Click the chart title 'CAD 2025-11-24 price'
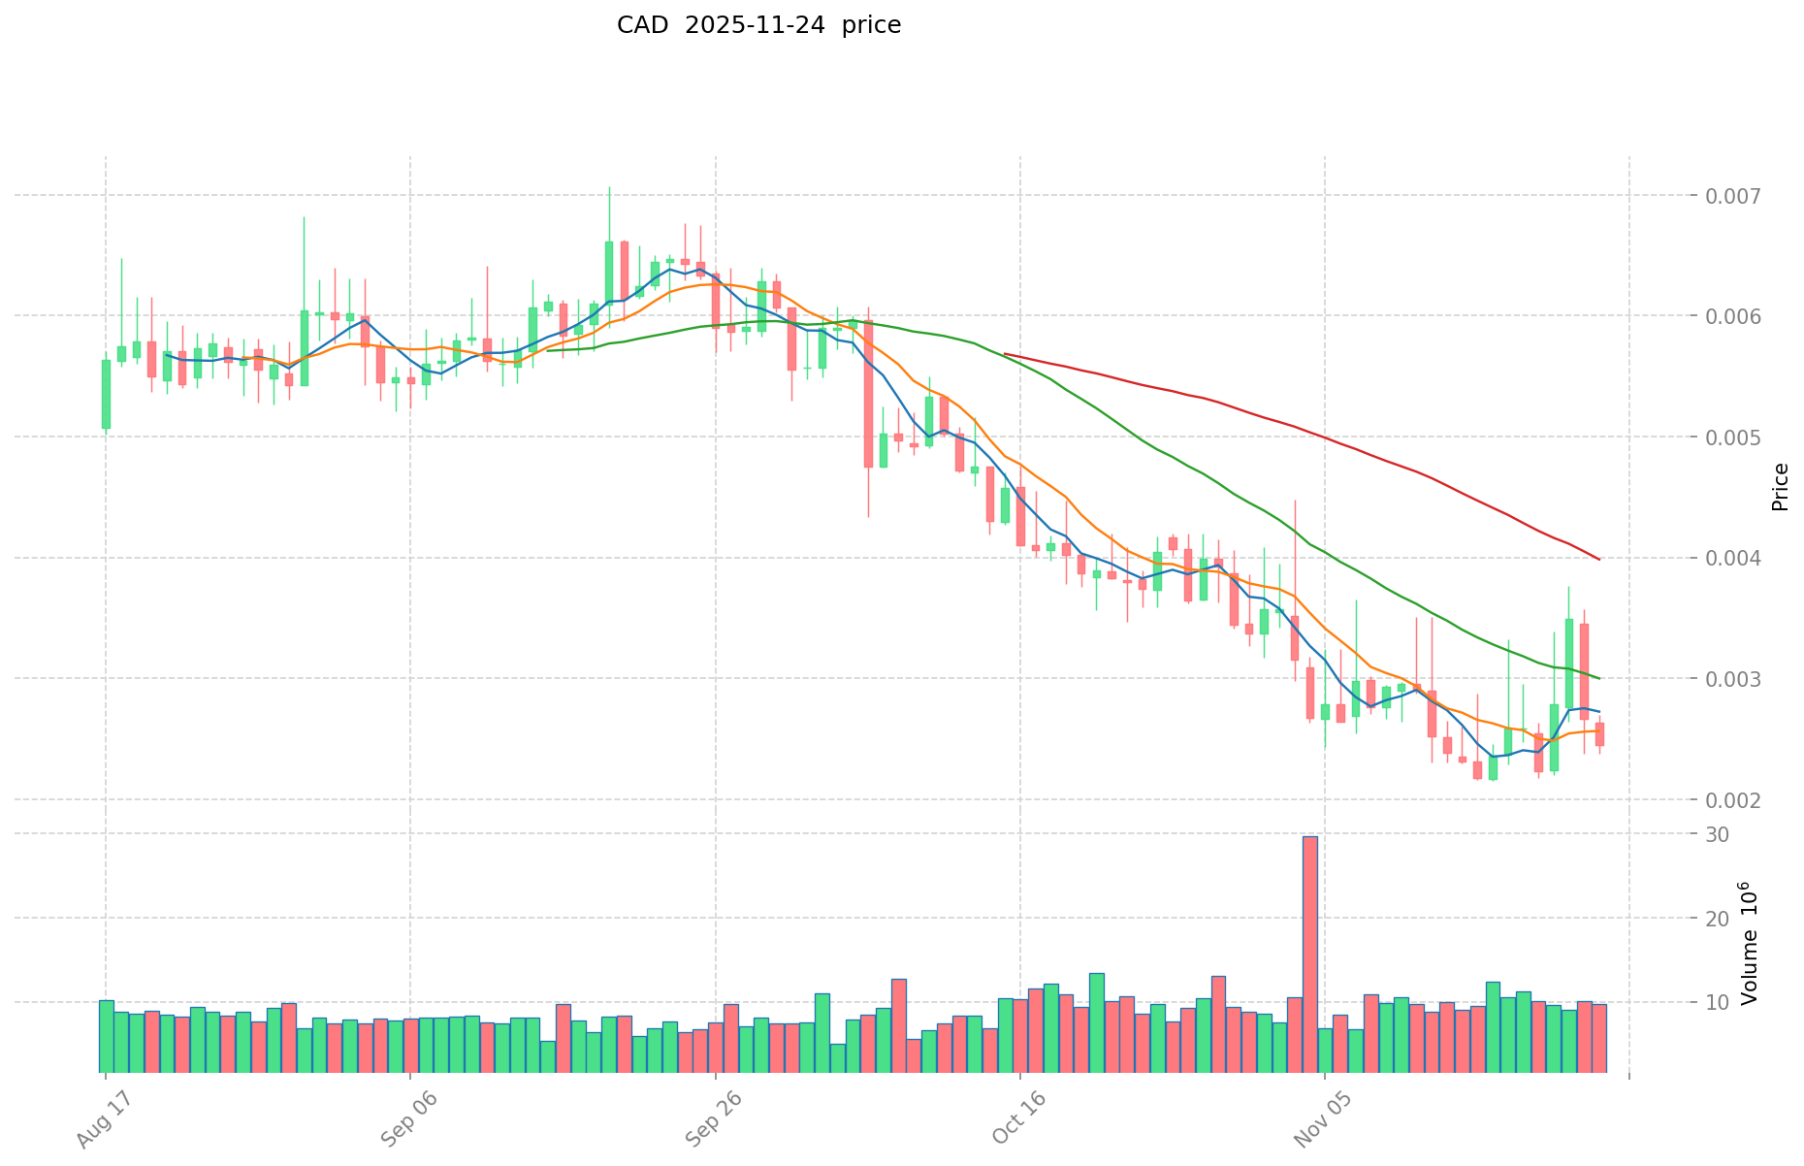tap(758, 25)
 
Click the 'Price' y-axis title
tap(1780, 486)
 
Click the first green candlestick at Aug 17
tap(106, 394)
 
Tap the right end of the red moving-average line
tap(1598, 559)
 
